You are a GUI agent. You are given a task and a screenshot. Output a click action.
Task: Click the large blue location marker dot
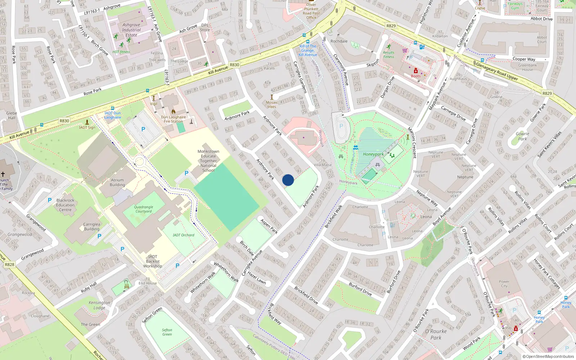(x=288, y=180)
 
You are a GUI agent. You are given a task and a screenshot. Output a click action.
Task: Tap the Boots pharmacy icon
(x=415, y=71)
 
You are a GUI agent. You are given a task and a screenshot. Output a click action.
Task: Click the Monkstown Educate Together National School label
(x=208, y=161)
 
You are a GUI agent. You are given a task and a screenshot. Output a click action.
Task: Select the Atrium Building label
(x=117, y=183)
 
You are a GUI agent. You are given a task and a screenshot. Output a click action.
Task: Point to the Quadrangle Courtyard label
(x=144, y=209)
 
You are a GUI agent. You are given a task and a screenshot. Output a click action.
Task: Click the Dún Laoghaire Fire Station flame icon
(x=174, y=112)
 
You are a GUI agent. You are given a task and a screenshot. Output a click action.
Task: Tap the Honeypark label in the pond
(x=373, y=154)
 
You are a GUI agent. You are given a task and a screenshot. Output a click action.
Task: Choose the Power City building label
(x=504, y=284)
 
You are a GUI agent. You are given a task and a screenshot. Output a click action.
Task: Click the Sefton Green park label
(x=167, y=332)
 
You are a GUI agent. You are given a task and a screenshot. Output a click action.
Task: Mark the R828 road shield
(x=9, y=265)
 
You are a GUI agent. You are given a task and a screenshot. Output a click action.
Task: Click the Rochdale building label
(x=339, y=41)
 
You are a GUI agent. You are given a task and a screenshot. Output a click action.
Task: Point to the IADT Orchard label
(x=183, y=235)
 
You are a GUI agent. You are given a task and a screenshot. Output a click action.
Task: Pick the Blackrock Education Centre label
(x=65, y=205)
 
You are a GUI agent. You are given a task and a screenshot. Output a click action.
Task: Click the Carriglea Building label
(x=92, y=226)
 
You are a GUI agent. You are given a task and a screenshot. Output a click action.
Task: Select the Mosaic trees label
(x=272, y=104)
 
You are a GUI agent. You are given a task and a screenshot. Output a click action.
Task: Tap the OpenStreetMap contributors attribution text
(x=548, y=357)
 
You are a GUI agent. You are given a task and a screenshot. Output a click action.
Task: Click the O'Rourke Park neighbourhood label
(x=436, y=334)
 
